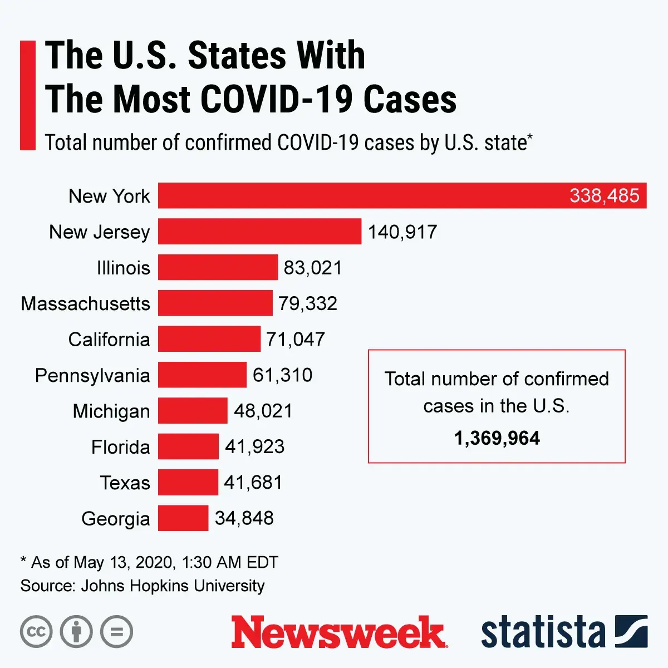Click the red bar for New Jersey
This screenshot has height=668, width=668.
click(x=259, y=232)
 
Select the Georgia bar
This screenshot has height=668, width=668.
click(x=183, y=518)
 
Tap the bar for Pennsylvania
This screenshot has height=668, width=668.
click(x=202, y=375)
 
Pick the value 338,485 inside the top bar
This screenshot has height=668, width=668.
click(x=604, y=196)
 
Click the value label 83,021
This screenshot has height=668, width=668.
click(x=313, y=268)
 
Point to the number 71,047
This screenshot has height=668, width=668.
click(x=296, y=339)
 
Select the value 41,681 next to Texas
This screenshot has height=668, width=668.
click(x=253, y=482)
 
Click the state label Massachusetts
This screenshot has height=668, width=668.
click(x=86, y=303)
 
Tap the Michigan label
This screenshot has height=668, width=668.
click(x=111, y=411)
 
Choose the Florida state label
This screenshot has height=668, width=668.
click(x=121, y=447)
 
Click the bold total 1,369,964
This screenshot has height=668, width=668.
click(x=497, y=438)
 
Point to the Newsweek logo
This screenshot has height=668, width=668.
click(x=338, y=632)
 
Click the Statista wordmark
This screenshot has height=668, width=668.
click(x=543, y=632)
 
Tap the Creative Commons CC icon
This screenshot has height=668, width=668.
click(x=36, y=632)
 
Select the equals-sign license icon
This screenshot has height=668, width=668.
click(x=116, y=632)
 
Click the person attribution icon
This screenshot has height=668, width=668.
click(x=76, y=632)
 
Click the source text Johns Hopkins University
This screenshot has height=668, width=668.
click(x=173, y=586)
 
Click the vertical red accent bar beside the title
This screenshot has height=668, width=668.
click(x=27, y=95)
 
